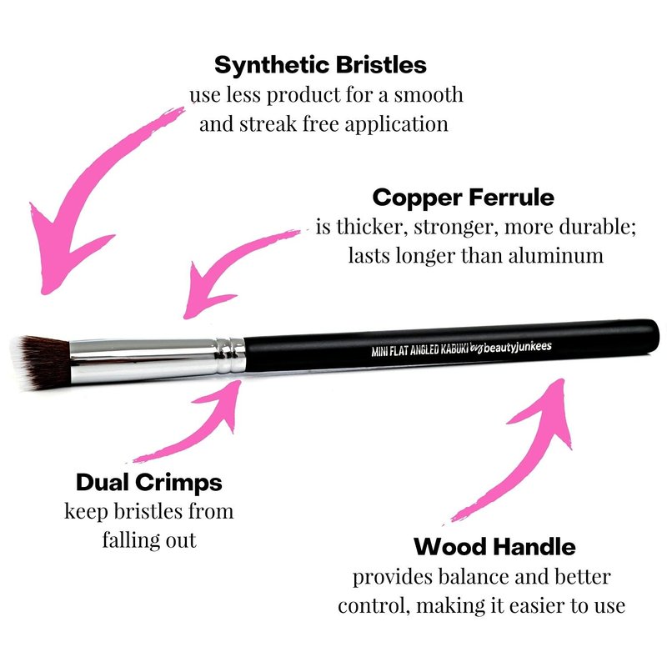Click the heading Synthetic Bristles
click(320, 65)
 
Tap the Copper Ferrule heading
click(464, 198)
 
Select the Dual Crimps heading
click(149, 483)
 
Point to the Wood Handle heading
click(494, 547)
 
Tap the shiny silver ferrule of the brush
click(143, 359)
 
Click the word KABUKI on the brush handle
click(454, 349)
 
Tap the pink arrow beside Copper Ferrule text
click(230, 263)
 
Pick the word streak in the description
click(268, 124)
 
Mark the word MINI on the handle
click(379, 351)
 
